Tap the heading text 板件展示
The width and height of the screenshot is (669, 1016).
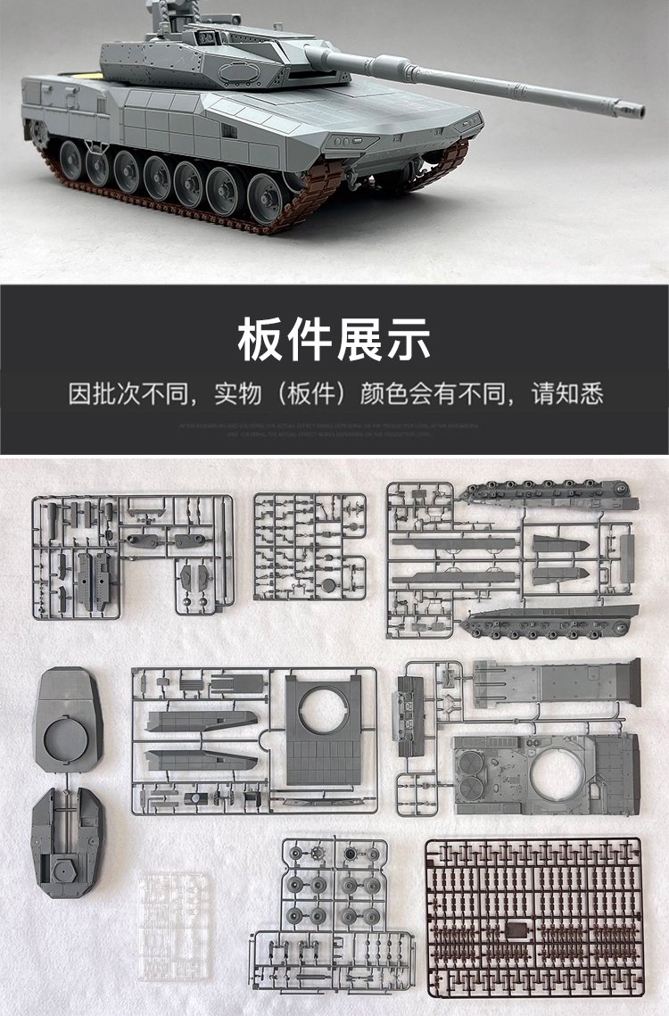pos(334,339)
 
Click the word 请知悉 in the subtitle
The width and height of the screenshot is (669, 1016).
pos(567,393)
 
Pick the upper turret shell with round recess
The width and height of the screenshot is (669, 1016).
pos(68,719)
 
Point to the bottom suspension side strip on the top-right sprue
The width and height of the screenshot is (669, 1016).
pos(553,620)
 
